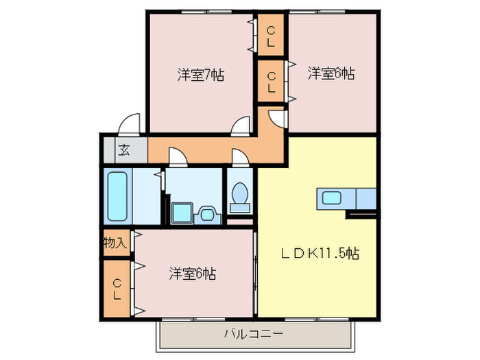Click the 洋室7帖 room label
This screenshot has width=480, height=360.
click(x=201, y=75)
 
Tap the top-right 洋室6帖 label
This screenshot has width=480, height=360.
click(x=331, y=73)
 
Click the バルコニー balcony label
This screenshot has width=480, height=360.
click(x=253, y=335)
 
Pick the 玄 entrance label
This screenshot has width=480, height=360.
click(x=124, y=150)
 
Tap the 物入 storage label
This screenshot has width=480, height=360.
click(x=115, y=243)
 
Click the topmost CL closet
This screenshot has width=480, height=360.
click(x=272, y=36)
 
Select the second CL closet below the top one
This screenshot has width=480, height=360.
click(x=272, y=82)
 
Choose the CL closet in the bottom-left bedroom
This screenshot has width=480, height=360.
click(x=117, y=289)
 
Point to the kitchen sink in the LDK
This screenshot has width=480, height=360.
click(x=331, y=199)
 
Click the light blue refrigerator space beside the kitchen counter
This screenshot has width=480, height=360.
click(x=366, y=199)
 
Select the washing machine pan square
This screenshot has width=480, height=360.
click(x=182, y=213)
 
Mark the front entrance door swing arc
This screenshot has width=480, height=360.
click(x=129, y=125)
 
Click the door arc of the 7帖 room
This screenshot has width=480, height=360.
click(x=241, y=125)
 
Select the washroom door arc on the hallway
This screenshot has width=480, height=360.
click(x=177, y=158)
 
